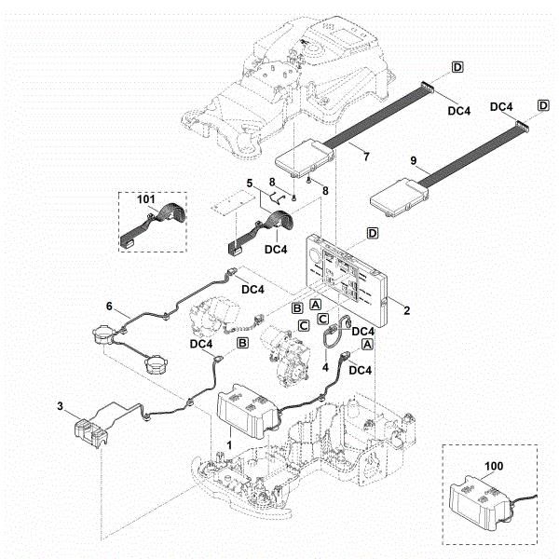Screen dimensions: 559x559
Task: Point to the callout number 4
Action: tap(325, 367)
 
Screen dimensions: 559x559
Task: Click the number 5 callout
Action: tap(249, 182)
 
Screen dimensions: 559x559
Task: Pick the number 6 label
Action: tap(109, 306)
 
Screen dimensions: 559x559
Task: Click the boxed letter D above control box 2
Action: tap(372, 231)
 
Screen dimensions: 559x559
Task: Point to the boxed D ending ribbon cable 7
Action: tap(457, 66)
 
